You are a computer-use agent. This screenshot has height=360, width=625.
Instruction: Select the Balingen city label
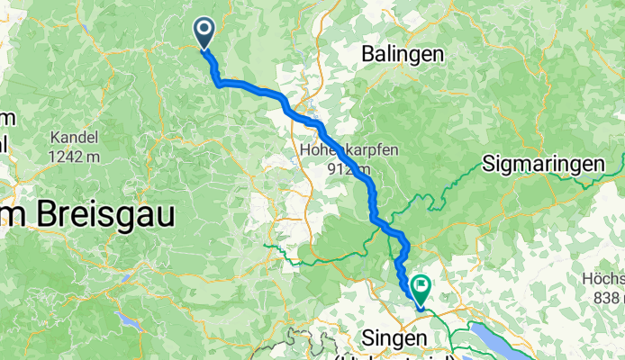pyautogui.click(x=403, y=54)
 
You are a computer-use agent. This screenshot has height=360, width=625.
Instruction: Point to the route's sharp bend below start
pyautogui.click(x=217, y=84)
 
